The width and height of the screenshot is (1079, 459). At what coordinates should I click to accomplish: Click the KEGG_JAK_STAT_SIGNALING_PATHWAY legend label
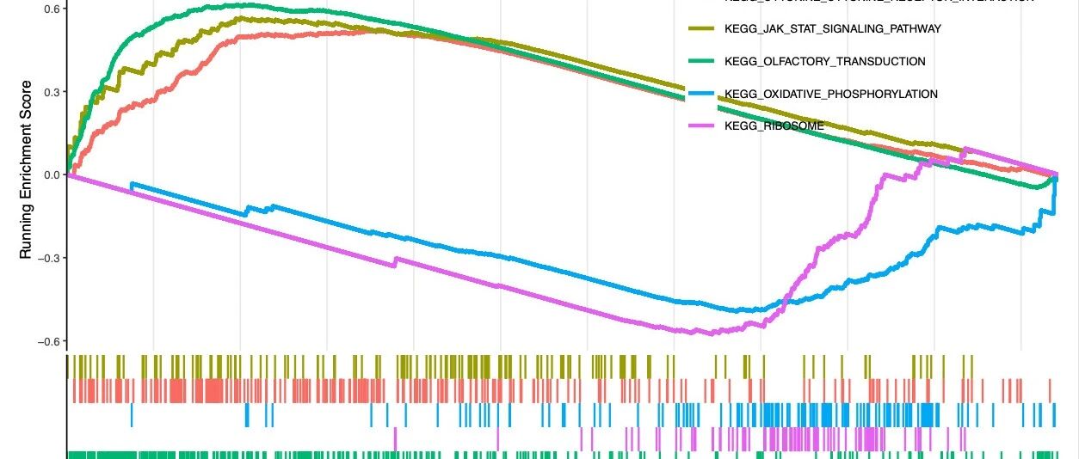[833, 29]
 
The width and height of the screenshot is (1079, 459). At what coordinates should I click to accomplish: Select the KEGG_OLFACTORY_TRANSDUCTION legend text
[825, 61]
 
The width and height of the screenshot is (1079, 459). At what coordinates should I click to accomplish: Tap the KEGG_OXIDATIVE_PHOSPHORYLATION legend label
[831, 94]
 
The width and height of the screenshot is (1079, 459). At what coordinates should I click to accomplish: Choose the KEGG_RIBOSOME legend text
[774, 126]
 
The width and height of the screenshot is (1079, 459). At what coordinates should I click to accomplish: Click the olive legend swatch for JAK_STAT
[702, 29]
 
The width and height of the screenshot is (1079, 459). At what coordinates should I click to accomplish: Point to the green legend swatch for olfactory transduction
[702, 61]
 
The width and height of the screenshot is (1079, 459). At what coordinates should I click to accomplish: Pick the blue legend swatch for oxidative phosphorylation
[702, 94]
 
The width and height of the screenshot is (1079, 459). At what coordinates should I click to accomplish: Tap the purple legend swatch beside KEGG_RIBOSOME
[702, 126]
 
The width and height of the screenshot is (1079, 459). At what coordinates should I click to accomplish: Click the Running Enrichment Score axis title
[26, 169]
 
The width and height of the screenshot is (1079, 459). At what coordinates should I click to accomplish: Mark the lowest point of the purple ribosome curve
[711, 334]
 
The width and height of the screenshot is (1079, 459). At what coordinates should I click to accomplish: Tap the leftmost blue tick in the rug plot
[132, 415]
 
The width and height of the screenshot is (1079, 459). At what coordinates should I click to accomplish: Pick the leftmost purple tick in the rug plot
[395, 438]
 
